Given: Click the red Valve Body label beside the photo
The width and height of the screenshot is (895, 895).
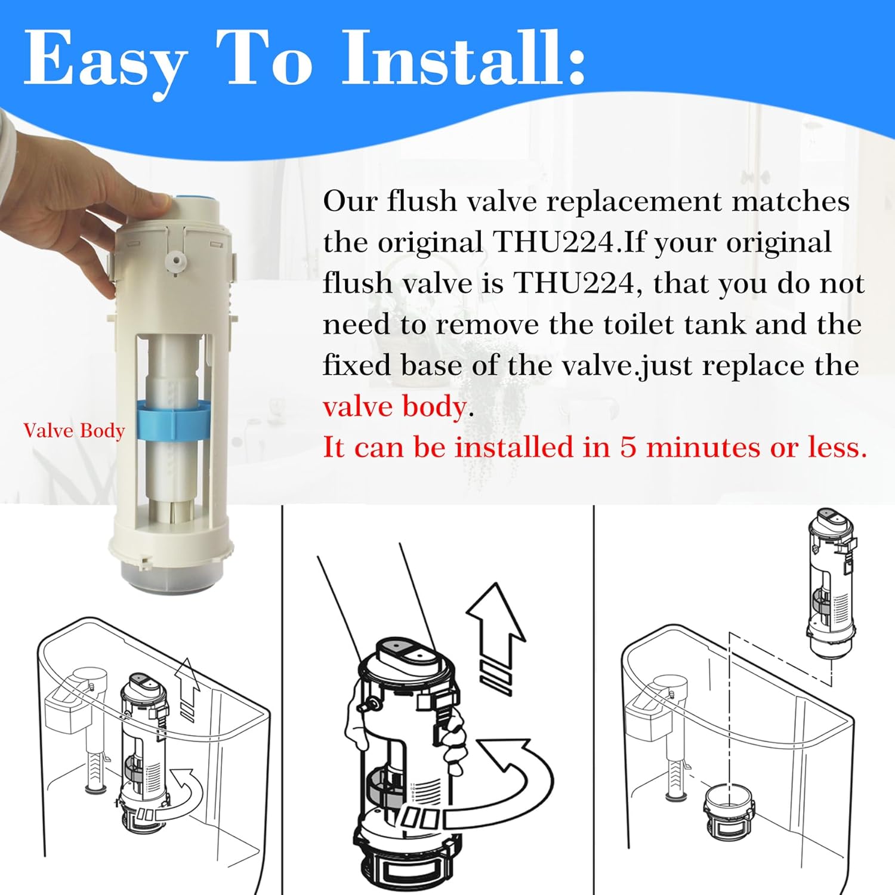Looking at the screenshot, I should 74,431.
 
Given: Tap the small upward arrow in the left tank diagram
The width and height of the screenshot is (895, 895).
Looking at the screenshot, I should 189,686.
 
